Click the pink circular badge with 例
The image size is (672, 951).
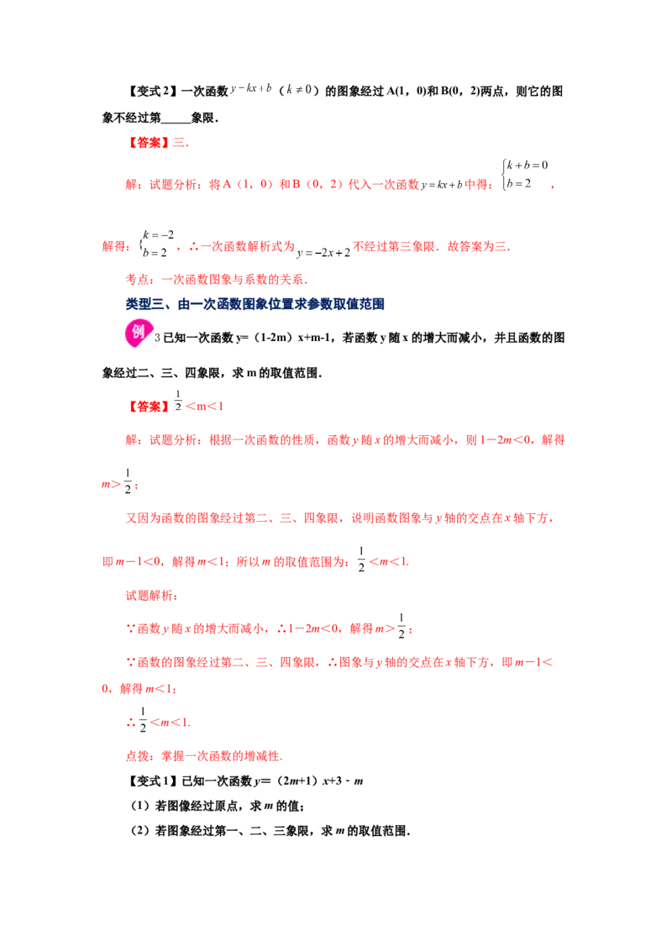(138, 333)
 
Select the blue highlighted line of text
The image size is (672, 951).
(255, 304)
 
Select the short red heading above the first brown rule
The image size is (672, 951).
(159, 144)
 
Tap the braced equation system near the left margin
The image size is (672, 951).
(156, 244)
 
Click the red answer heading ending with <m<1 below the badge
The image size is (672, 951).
(176, 407)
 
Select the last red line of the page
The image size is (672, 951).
(202, 756)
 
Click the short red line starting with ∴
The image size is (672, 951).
(160, 722)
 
